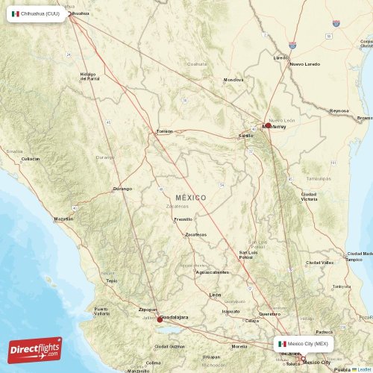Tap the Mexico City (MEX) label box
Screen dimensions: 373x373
(x=303, y=344)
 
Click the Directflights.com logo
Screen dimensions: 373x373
(x=35, y=349)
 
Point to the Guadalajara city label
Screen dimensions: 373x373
(x=173, y=317)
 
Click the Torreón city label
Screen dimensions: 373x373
(x=164, y=131)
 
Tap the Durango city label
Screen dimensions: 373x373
(x=122, y=189)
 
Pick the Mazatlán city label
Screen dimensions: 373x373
(x=64, y=219)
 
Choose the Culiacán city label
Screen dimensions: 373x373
(x=31, y=159)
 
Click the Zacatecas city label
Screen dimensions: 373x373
(x=196, y=234)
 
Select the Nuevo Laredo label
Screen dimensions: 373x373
(x=304, y=64)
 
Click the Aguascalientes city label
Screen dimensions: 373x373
(x=213, y=272)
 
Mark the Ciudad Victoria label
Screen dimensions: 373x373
(x=308, y=197)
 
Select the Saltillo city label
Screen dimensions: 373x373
(x=245, y=136)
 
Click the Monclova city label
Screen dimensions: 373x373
(x=233, y=79)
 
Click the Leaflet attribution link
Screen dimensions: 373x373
(x=363, y=369)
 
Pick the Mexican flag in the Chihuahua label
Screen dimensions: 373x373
(x=16, y=13)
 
